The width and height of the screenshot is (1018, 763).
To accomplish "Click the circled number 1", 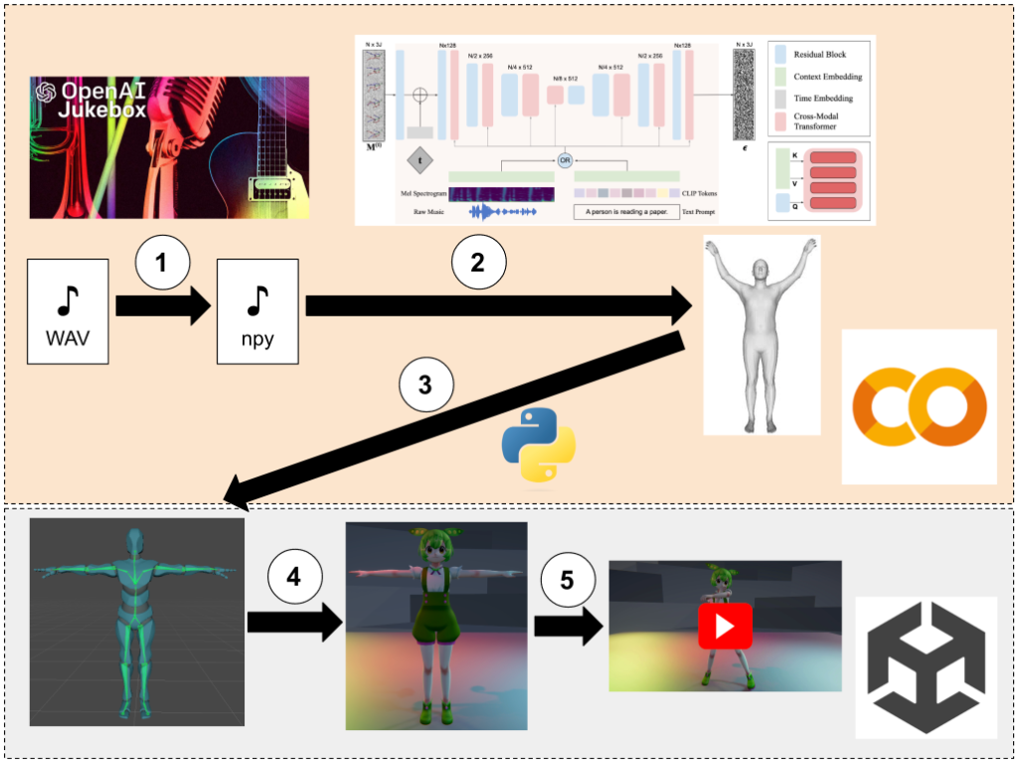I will click(163, 263).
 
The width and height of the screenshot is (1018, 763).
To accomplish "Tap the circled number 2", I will click(478, 262).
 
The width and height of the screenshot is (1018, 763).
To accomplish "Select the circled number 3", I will click(425, 386).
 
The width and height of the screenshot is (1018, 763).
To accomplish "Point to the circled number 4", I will click(294, 578).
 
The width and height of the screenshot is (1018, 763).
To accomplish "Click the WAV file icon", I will click(68, 309).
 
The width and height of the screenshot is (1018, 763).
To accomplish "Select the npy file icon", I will click(257, 309).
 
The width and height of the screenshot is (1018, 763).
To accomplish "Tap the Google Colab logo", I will click(919, 408).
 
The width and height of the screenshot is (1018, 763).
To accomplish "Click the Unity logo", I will click(926, 668).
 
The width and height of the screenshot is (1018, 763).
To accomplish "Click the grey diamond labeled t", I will click(420, 162).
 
